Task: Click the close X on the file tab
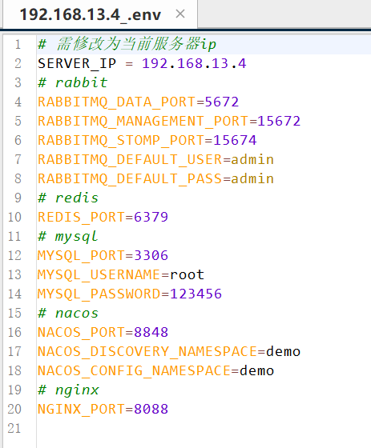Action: [x=180, y=14]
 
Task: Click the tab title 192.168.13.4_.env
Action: [x=91, y=14]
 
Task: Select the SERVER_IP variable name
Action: [x=77, y=64]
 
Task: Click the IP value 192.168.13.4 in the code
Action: [x=194, y=63]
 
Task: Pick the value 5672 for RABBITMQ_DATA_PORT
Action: [x=222, y=102]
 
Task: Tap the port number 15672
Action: [x=279, y=121]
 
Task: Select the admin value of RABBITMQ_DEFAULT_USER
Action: [x=252, y=159]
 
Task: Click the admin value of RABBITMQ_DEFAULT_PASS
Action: [x=252, y=178]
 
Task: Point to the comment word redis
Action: [x=77, y=198]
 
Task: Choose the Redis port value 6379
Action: [x=151, y=217]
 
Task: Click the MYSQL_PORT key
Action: [x=82, y=256]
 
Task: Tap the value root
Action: [x=187, y=274]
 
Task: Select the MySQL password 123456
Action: [x=196, y=294]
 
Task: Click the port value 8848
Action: [x=151, y=332]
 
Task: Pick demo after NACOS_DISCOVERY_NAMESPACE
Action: [x=283, y=351]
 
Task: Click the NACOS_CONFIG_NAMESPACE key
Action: [x=134, y=371]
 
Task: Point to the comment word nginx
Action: [x=77, y=390]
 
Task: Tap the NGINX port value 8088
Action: [x=151, y=409]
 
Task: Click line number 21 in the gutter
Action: [x=14, y=428]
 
